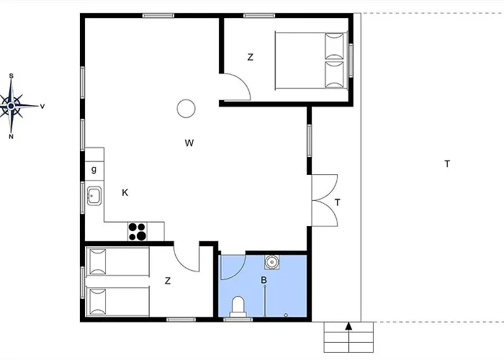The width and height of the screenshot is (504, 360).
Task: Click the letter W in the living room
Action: tap(189, 143)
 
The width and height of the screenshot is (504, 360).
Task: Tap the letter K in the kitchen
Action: tap(125, 192)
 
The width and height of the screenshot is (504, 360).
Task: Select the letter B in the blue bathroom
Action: tap(264, 280)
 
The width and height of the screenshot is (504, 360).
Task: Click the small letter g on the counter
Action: tap(94, 169)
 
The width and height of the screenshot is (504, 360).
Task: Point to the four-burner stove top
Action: tap(138, 231)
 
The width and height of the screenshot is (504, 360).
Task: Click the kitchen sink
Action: tap(94, 196)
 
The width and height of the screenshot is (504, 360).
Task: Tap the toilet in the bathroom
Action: tap(238, 306)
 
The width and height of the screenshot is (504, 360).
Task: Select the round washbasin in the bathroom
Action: tap(272, 262)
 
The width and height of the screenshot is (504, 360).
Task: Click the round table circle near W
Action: tap(186, 108)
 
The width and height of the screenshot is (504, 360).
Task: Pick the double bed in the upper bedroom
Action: tap(311, 60)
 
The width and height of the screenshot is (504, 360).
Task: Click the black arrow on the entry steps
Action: tap(348, 326)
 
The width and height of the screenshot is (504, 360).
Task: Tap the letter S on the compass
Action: tap(12, 76)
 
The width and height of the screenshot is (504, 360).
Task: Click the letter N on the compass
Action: tap(12, 137)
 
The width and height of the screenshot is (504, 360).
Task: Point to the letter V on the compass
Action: tap(42, 107)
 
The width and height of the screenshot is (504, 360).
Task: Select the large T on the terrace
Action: tap(447, 164)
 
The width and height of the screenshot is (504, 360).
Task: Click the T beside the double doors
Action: tap(338, 202)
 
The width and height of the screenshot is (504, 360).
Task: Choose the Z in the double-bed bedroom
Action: tap(251, 57)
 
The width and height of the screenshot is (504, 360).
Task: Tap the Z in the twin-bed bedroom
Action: tap(168, 281)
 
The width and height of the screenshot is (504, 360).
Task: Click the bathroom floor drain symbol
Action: tap(286, 315)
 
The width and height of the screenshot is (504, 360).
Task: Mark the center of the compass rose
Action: tap(12, 106)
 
